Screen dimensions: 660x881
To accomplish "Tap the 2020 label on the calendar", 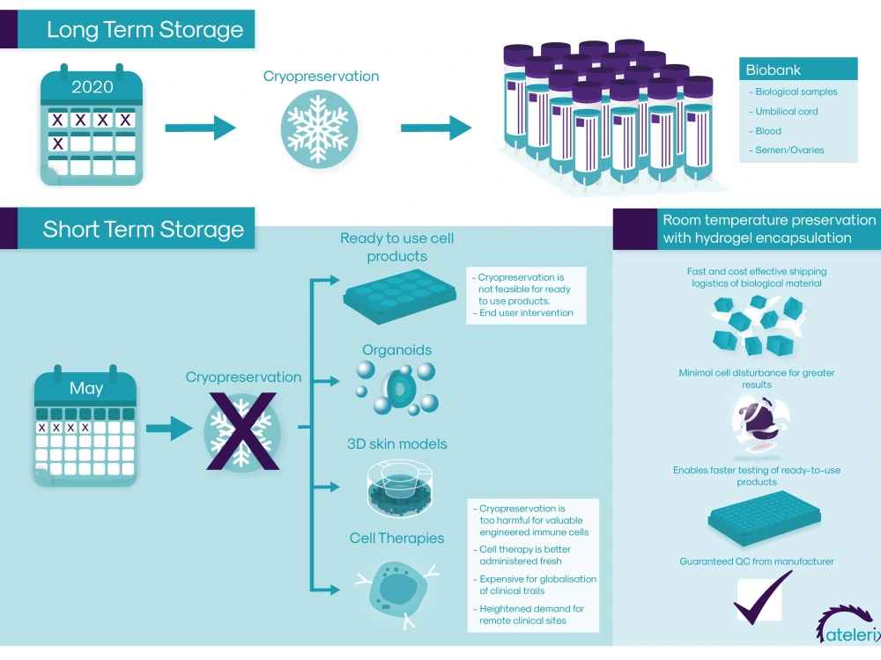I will (x=93, y=87).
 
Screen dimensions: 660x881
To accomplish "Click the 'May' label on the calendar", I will (x=86, y=388).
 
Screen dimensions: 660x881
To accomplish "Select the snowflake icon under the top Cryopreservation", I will (x=319, y=128).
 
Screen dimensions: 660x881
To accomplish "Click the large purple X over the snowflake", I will (x=241, y=431).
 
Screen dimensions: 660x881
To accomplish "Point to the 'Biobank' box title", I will (x=774, y=70).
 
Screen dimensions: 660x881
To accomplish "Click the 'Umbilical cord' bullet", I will (x=786, y=112).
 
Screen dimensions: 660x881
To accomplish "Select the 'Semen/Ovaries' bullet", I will (x=789, y=150).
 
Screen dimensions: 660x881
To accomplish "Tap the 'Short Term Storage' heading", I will (x=143, y=230).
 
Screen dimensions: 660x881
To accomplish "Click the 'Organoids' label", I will (x=396, y=349).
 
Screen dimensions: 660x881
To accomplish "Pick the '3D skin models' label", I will (x=396, y=444).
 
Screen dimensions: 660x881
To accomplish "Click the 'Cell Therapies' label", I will (x=396, y=538).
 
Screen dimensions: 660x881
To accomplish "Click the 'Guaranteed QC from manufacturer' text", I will (x=756, y=561).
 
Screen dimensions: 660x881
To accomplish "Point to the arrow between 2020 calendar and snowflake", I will (x=200, y=128).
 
